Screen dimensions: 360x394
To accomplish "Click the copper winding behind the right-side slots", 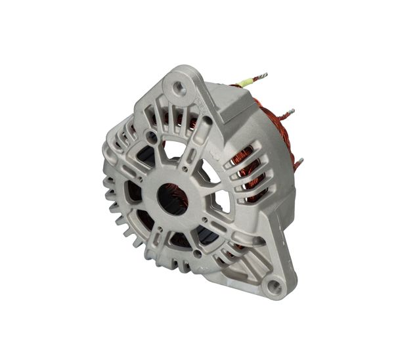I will pyautogui.click(x=248, y=174).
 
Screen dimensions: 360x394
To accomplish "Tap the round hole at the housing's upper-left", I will pyautogui.click(x=152, y=135).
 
